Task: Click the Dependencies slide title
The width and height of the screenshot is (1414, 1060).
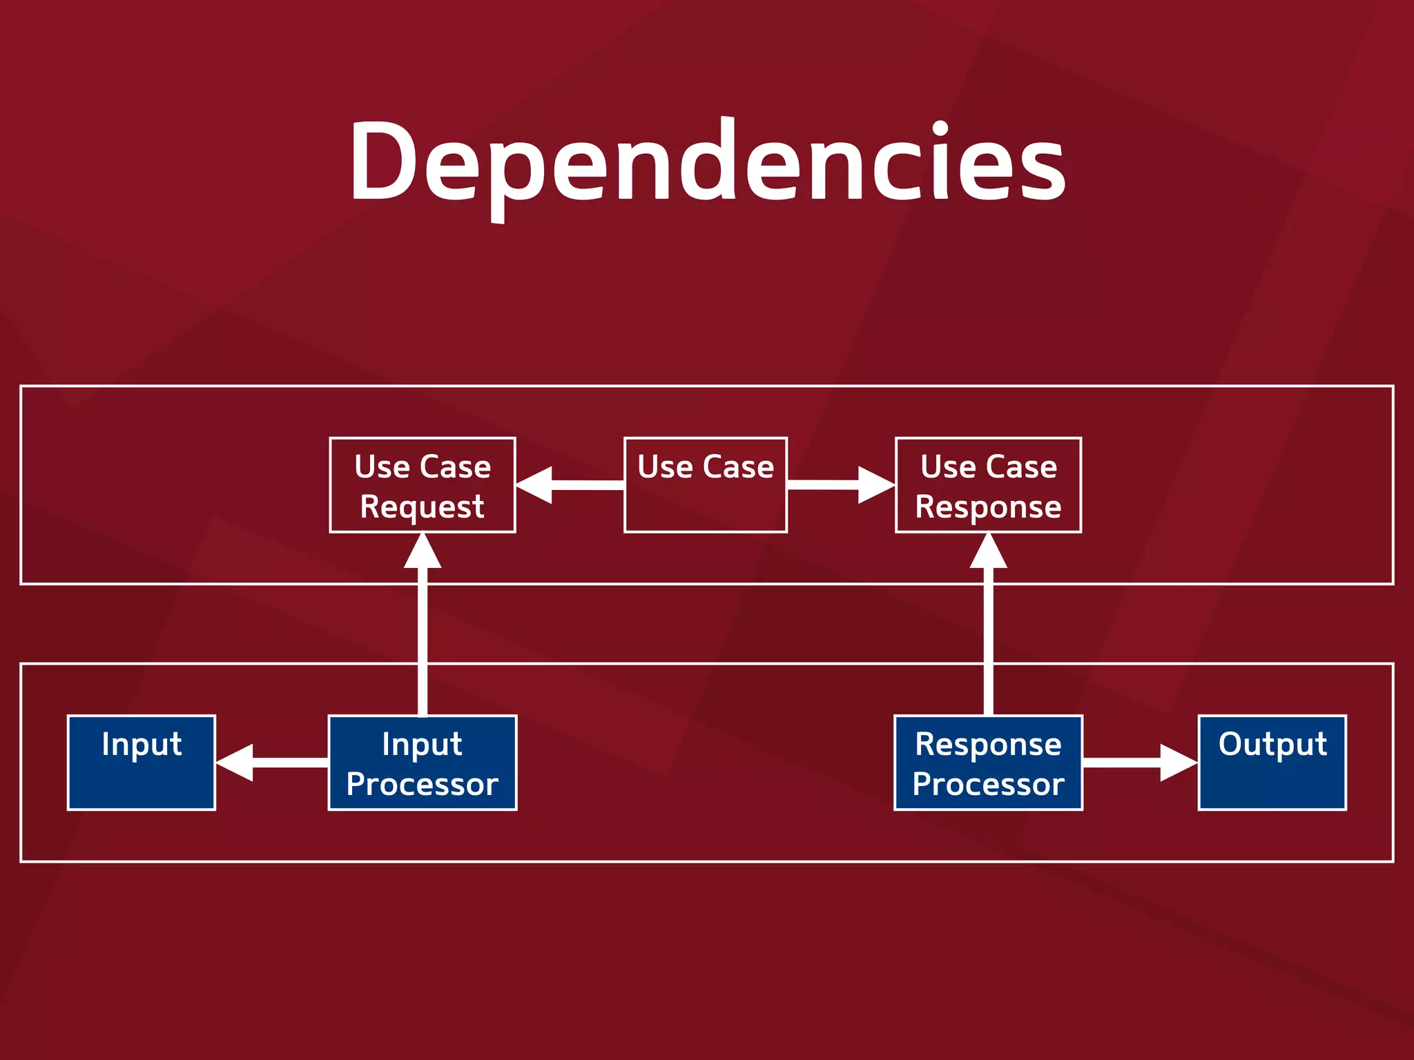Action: point(707,162)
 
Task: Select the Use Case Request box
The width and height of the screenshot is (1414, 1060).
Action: point(423,485)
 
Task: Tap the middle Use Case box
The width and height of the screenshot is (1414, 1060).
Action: point(706,485)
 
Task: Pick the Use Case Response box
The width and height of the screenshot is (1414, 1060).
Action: point(988,485)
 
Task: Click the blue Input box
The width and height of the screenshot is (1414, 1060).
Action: point(142,763)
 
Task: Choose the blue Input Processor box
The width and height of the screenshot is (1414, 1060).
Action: point(423,763)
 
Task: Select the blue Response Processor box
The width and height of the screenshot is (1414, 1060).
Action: point(988,763)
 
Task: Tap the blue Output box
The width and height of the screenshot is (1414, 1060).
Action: point(1272,763)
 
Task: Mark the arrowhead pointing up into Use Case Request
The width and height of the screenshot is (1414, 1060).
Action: point(423,552)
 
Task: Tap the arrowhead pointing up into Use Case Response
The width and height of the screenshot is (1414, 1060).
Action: point(988,552)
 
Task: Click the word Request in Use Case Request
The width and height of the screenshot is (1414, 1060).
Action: point(423,507)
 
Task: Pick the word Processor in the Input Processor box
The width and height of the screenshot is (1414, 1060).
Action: point(423,785)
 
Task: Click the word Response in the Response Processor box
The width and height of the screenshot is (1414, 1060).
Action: point(988,744)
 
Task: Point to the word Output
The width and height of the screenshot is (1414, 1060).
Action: point(1272,744)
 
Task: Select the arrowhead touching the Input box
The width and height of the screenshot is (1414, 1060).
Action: point(235,763)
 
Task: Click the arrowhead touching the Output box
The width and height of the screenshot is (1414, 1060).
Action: point(1178,763)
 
